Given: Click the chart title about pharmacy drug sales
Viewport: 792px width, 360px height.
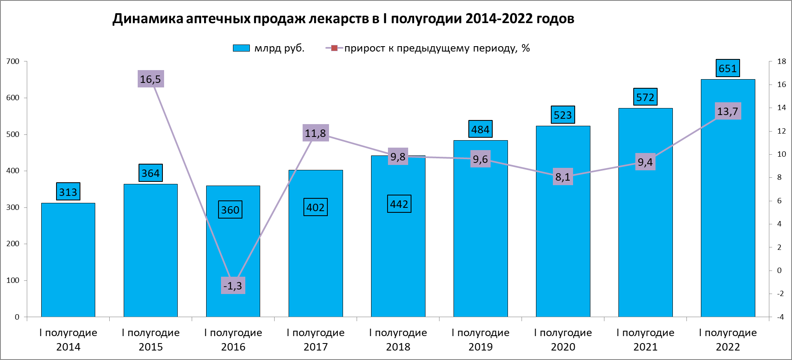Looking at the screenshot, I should (x=343, y=19).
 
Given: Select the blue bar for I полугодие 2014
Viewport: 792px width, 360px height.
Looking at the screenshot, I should (x=68, y=260).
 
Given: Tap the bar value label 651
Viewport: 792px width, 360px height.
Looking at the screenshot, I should (x=727, y=68).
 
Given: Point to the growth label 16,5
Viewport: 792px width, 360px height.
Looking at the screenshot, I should (x=150, y=79).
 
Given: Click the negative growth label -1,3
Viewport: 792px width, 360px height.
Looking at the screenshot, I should (x=233, y=285).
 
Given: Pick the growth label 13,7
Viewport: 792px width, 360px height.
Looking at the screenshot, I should (x=728, y=111).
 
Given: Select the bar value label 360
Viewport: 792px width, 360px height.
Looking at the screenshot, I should (x=230, y=210).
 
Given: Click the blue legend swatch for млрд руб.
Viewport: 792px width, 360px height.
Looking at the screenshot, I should (x=241, y=48).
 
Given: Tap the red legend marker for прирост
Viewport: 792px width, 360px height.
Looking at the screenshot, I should (x=334, y=48).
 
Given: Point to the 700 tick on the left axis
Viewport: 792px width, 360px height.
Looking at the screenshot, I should (x=13, y=61).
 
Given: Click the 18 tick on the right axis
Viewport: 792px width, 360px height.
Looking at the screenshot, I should (x=781, y=61).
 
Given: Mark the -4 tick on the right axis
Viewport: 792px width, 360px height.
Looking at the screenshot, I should (x=780, y=317).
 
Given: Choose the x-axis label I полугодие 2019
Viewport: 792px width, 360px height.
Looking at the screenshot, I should (x=480, y=339).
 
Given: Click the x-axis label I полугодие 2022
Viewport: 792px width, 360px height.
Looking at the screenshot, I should (x=728, y=339).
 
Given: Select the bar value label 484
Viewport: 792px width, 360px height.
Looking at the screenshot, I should (x=480, y=129).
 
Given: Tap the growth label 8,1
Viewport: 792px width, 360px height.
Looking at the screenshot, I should (x=563, y=177).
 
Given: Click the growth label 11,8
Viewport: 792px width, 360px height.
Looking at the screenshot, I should (x=315, y=133).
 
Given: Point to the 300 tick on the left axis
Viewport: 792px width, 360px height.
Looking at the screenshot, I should (x=13, y=207).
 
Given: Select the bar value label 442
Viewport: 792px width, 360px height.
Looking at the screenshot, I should (x=399, y=204).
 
